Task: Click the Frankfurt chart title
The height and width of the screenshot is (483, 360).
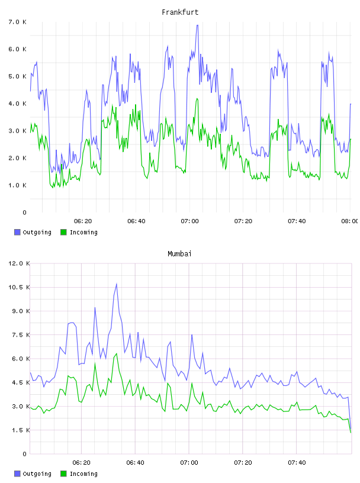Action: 180,12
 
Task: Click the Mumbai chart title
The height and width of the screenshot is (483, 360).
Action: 179,254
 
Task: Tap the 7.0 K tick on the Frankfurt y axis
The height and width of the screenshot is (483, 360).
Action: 18,22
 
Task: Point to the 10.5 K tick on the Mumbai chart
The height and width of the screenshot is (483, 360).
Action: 19,287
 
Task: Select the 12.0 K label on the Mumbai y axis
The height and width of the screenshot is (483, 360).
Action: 19,263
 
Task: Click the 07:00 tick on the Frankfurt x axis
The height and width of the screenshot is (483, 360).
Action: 190,221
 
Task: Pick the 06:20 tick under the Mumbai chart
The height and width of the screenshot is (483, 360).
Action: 81,462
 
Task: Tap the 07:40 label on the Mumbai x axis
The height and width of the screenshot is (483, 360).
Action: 297,462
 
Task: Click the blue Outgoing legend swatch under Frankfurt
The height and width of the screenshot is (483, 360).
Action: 17,232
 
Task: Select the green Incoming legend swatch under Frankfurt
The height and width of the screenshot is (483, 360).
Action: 63,232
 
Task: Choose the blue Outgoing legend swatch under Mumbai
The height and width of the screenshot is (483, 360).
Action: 17,474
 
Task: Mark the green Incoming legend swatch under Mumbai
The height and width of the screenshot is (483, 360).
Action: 63,474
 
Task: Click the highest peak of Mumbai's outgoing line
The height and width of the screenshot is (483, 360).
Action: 117,284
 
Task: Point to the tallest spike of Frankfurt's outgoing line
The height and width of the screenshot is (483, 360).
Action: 197,25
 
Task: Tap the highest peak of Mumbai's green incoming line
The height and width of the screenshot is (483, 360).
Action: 117,353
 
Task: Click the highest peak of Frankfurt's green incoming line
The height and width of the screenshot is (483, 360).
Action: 197,99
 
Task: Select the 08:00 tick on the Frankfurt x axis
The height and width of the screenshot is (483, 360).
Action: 349,221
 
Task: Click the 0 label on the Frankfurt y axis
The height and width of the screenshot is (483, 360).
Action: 25,212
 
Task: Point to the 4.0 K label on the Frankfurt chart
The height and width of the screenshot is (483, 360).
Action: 18,104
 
